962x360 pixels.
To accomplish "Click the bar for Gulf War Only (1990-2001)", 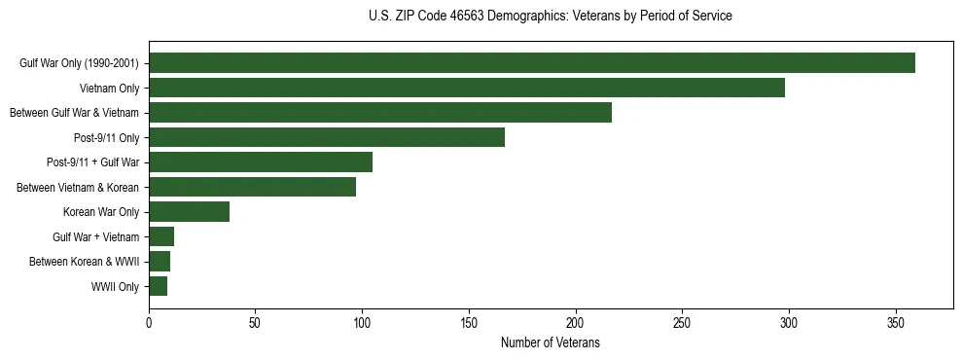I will (x=532, y=63).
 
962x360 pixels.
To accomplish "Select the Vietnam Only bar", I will (x=467, y=88).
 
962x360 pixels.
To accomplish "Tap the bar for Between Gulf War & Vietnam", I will (x=380, y=113).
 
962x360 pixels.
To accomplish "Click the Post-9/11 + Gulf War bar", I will (x=261, y=162).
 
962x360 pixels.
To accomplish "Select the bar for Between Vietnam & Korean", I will (x=252, y=187).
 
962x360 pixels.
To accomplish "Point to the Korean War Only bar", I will (x=189, y=212).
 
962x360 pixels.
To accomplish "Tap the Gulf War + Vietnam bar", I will (x=161, y=236).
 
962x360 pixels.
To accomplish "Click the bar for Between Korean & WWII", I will (x=160, y=262).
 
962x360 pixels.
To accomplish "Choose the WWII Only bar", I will (x=158, y=286).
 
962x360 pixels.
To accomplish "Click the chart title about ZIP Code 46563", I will (x=551, y=17).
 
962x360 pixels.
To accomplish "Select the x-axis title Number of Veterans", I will (x=551, y=343).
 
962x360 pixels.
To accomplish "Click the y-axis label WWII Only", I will (x=115, y=287).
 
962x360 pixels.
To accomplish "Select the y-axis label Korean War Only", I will (x=101, y=212).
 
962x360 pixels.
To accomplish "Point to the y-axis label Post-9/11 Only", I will (x=106, y=138).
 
